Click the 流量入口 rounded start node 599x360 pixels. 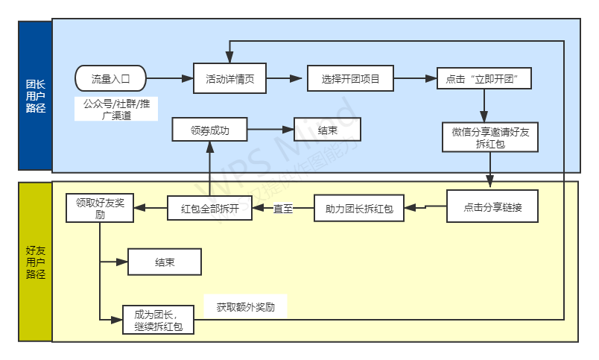pos(110,78)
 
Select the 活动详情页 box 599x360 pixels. pos(229,78)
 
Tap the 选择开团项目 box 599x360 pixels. pos(350,78)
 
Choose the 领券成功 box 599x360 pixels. pos(209,130)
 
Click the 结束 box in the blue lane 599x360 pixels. pos(327,130)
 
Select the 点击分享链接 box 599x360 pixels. pos(492,207)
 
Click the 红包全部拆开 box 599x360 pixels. pos(209,208)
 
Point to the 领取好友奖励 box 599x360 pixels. pos(99,208)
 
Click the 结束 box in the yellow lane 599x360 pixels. pos(165,262)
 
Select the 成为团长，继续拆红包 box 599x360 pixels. pos(158,320)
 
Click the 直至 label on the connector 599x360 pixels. pos(283,209)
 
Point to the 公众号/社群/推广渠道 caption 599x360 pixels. pos(115,108)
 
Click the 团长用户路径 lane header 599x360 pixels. pos(35,97)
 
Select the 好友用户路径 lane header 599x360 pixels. pos(35,262)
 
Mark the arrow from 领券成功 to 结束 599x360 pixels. pos(270,130)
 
